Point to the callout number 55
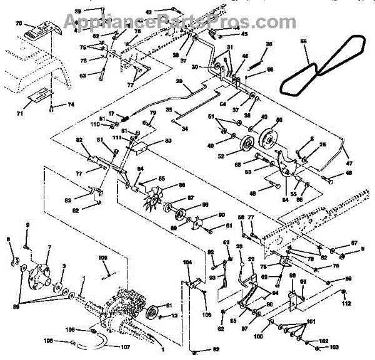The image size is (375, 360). pyautogui.click(x=304, y=42)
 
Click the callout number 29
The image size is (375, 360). pyautogui.click(x=179, y=82)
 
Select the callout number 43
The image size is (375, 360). pyautogui.click(x=148, y=12)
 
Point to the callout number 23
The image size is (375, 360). pyautogui.click(x=239, y=247)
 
